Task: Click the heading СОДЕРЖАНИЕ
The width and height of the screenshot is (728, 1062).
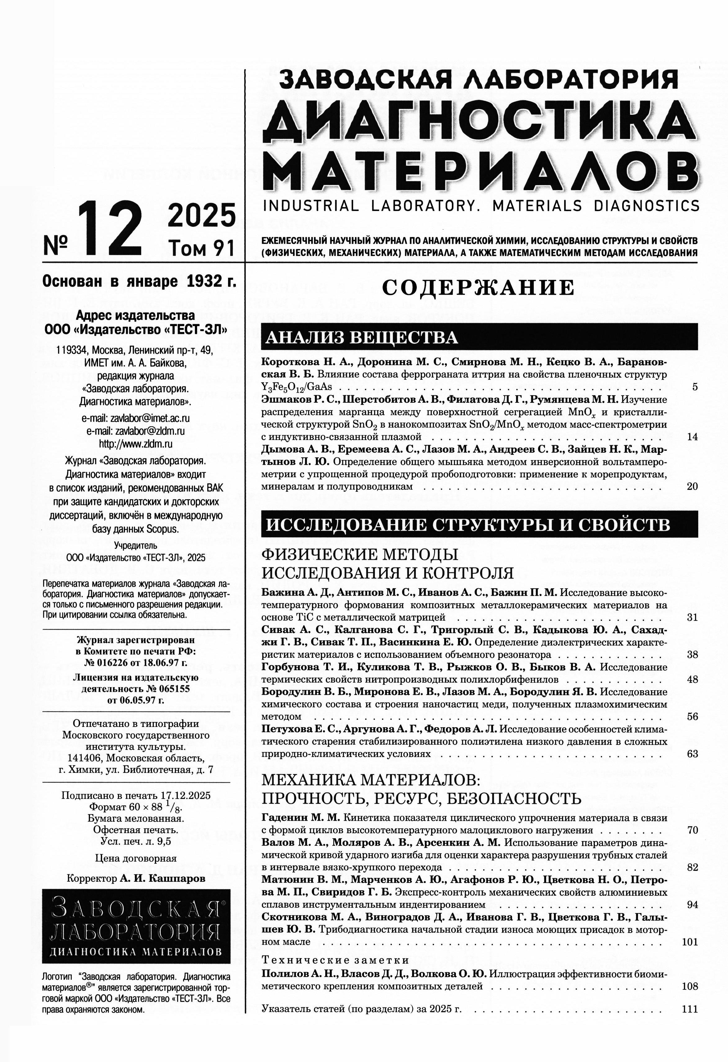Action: [x=478, y=288]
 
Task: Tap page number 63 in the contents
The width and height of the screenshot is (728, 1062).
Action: [x=692, y=754]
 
